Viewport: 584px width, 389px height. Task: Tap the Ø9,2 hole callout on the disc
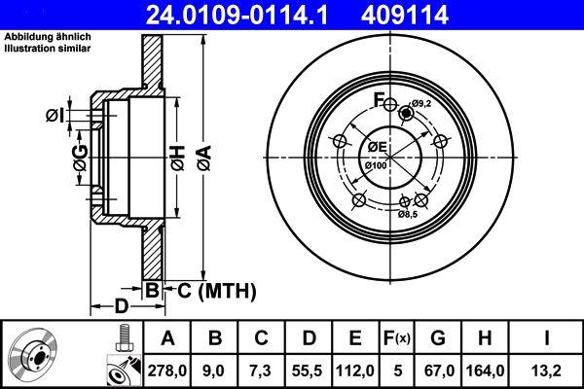tap(420, 104)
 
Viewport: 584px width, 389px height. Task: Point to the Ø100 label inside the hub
tap(377, 166)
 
